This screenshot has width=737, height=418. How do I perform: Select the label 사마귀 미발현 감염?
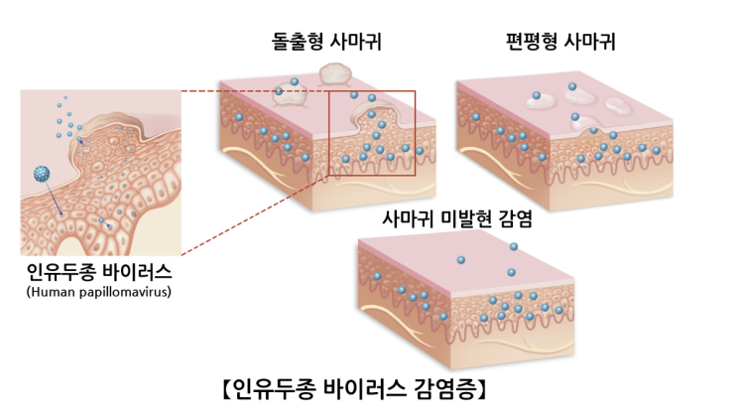pos(457,218)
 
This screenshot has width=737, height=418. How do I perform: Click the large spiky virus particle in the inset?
pos(43,174)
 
